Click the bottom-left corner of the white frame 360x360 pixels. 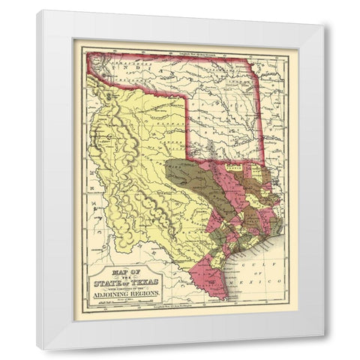(37, 349)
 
